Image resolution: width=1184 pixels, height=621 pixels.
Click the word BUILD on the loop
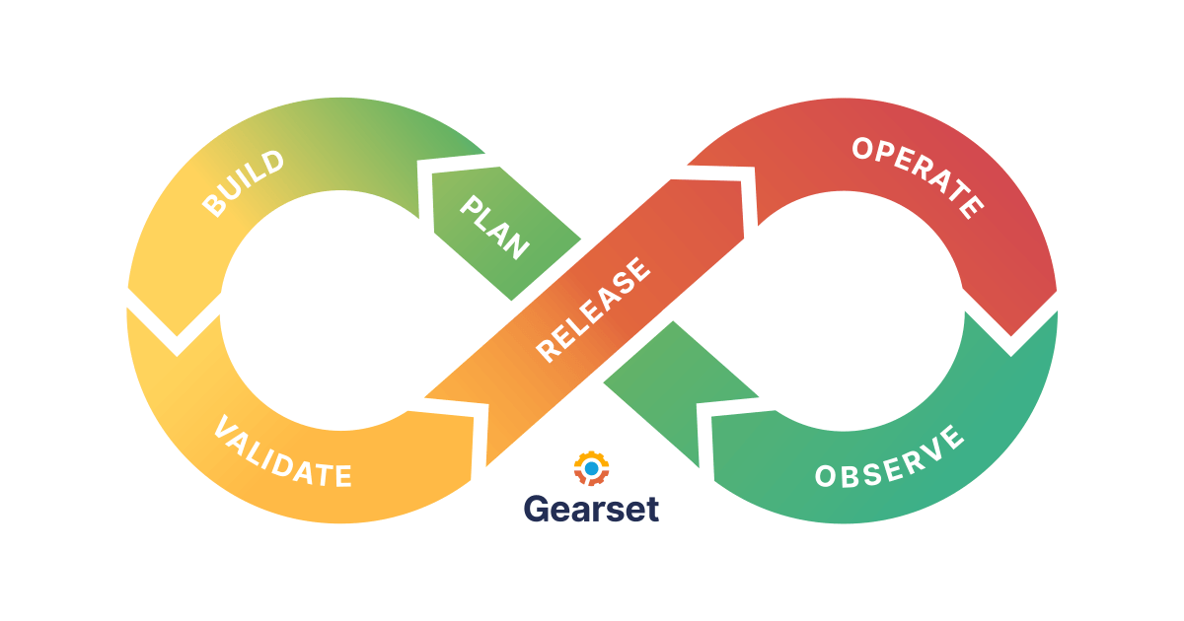(244, 183)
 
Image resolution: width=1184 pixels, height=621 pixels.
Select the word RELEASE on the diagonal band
(593, 310)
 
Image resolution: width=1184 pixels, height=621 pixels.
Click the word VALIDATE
(282, 454)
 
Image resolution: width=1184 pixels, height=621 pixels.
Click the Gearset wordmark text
(591, 508)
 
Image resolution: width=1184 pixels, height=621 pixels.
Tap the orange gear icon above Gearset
(591, 468)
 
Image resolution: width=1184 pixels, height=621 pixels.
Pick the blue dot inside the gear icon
(591, 468)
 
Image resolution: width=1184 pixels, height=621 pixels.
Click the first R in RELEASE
(546, 350)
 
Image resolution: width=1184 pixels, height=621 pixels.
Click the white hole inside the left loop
(318, 310)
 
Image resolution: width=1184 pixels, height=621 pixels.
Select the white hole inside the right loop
(865, 310)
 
